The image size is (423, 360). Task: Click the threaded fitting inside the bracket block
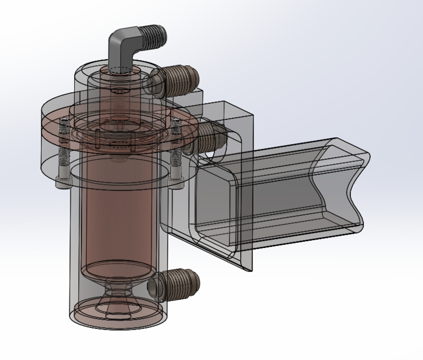(211, 135)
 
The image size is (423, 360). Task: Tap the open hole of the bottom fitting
(154, 286)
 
